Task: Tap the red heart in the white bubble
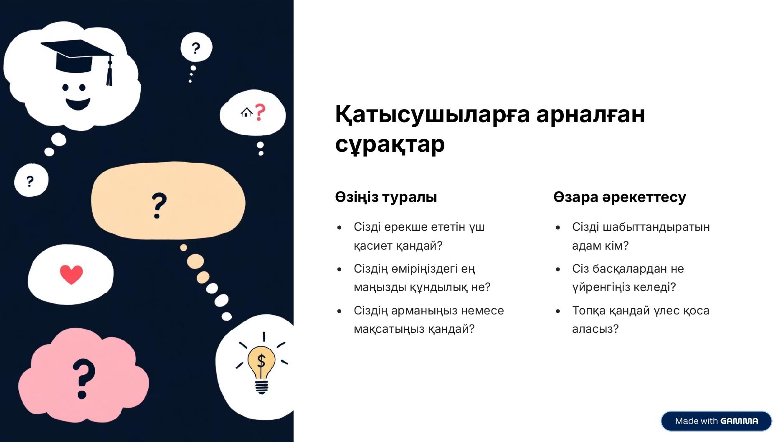click(x=71, y=274)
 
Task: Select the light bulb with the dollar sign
click(x=261, y=369)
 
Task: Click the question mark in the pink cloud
click(x=83, y=378)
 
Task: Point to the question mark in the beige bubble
click(x=159, y=205)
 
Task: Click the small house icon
click(x=247, y=112)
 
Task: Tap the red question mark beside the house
click(x=260, y=112)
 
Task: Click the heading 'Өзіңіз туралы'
click(x=386, y=197)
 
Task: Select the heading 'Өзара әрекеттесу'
click(x=620, y=197)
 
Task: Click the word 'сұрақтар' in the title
click(x=390, y=144)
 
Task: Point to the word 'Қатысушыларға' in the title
click(x=432, y=114)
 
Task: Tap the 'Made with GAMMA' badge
click(x=716, y=421)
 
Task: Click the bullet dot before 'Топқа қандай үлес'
click(x=558, y=311)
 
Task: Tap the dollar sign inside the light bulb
click(x=261, y=360)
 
